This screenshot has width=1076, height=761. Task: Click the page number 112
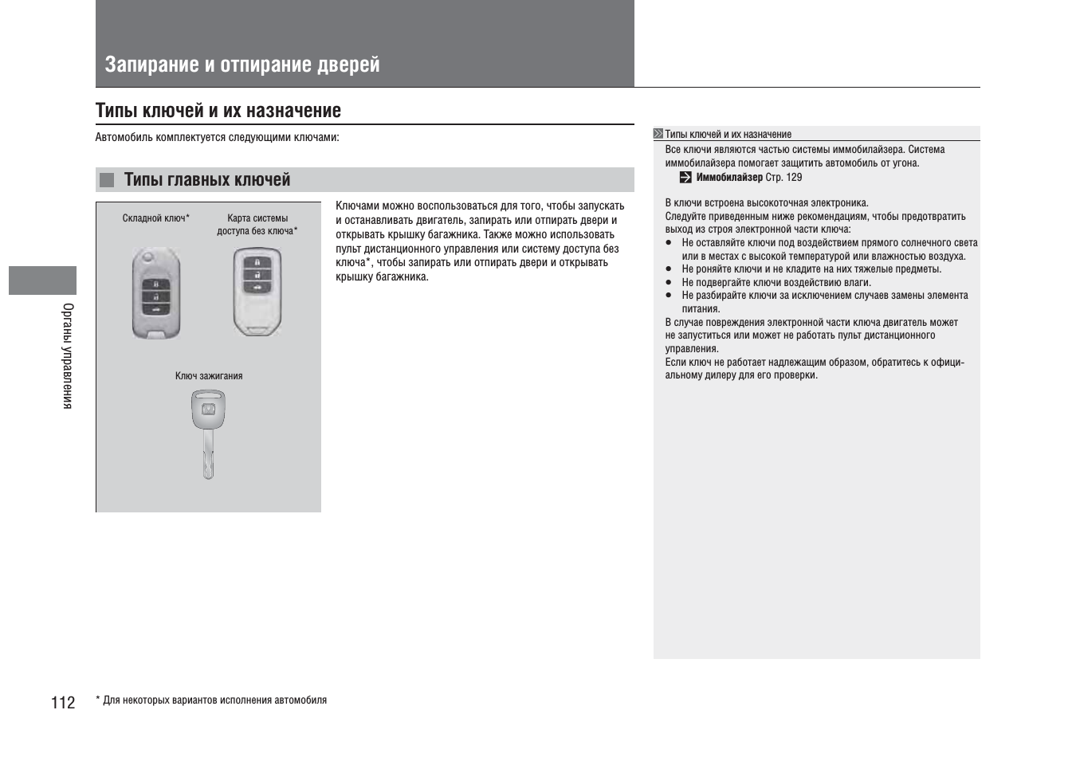[x=63, y=702]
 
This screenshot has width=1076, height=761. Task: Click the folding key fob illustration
[x=156, y=293]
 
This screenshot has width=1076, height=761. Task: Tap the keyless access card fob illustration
[x=257, y=292]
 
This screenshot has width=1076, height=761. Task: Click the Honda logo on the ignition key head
[x=207, y=410]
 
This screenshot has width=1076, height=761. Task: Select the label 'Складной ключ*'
[x=155, y=218]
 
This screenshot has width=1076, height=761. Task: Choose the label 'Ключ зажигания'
[x=209, y=376]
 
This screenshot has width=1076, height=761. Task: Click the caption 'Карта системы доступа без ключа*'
[x=257, y=225]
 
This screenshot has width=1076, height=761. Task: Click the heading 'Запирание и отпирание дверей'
[x=242, y=65]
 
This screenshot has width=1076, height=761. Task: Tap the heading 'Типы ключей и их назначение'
[x=218, y=111]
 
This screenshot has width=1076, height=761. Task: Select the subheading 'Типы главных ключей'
[x=207, y=180]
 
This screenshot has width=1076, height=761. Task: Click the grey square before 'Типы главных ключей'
[x=107, y=180]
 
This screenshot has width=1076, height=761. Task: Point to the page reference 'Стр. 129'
[x=783, y=178]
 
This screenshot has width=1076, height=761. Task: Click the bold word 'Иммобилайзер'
[x=728, y=178]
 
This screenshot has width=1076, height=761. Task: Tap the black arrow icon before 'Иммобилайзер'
[x=685, y=178]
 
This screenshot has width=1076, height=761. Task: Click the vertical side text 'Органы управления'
[x=69, y=355]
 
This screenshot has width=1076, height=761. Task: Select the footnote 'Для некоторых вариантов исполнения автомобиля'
[x=215, y=700]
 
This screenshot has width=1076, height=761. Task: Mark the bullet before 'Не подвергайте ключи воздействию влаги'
[x=669, y=283]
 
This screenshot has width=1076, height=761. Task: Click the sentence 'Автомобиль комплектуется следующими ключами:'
[x=217, y=138]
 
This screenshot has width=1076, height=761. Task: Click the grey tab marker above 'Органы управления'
[x=42, y=280]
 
